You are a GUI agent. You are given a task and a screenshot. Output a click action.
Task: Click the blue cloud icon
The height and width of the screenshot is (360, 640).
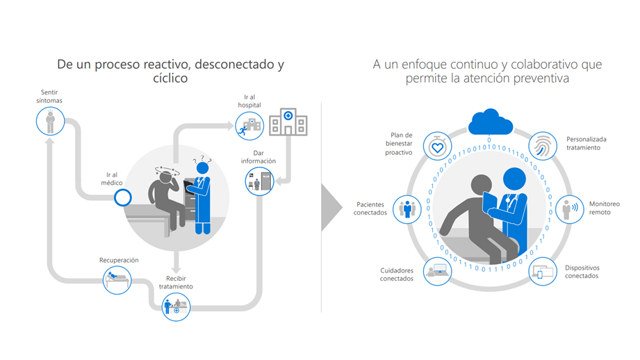490,123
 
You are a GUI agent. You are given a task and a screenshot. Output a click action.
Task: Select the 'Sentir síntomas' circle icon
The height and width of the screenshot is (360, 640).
49,122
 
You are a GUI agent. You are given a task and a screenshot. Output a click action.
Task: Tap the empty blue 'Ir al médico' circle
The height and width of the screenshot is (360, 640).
122,198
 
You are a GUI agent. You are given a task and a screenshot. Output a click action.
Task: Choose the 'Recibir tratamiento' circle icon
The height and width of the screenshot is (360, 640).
176,306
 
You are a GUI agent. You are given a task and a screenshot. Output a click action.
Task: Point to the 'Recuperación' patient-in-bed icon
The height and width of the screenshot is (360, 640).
117,279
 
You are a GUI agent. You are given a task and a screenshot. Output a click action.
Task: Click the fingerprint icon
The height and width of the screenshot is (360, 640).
543,147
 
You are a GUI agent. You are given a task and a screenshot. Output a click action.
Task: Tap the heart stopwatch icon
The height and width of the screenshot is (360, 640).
437,147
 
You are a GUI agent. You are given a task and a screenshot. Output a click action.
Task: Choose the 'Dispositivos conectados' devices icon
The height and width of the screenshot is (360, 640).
543,272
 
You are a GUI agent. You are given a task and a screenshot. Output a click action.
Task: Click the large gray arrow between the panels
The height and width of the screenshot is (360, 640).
331,207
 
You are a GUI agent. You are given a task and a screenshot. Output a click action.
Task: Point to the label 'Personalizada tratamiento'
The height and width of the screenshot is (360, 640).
586,143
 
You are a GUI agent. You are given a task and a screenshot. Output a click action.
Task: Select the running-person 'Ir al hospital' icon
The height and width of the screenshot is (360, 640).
248,126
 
